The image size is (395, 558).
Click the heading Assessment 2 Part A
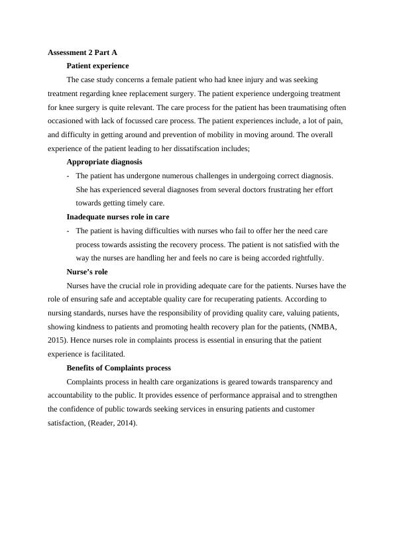pyautogui.click(x=83, y=52)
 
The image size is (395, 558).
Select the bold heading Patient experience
pyautogui.click(x=97, y=66)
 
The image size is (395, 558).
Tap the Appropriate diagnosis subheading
pyautogui.click(x=104, y=162)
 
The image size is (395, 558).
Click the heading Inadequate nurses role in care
pyautogui.click(x=118, y=217)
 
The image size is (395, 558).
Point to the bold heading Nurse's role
pyautogui.click(x=87, y=272)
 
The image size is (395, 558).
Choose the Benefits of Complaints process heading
pyautogui.click(x=119, y=368)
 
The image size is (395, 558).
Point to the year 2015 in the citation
pyautogui.click(x=58, y=341)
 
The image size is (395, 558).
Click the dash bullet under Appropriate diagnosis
pyautogui.click(x=69, y=176)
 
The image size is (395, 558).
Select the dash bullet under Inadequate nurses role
pyautogui.click(x=69, y=231)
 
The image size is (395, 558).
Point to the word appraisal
pyautogui.click(x=251, y=396)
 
